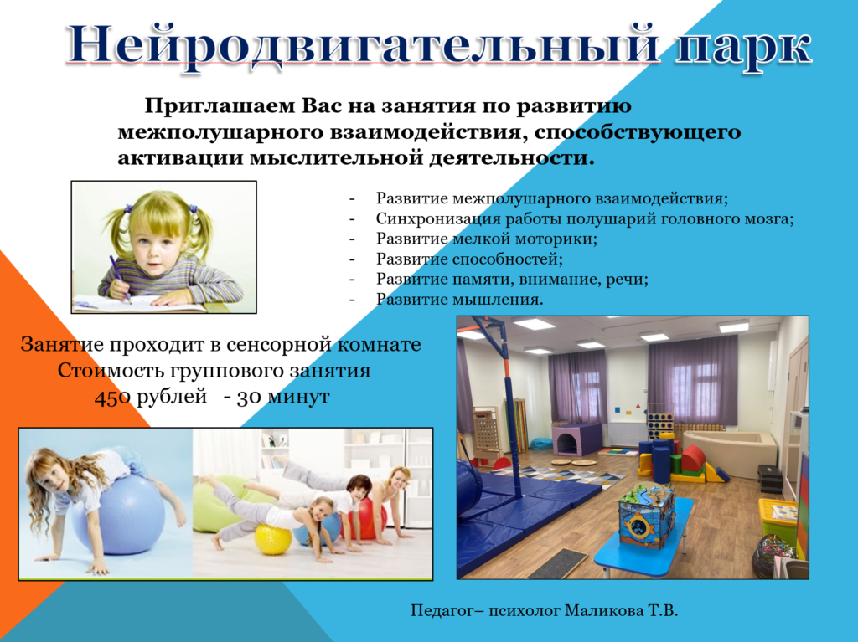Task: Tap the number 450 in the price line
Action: pyautogui.click(x=112, y=397)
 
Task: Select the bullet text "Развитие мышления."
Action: pyautogui.click(x=459, y=299)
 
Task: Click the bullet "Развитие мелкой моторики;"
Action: pyautogui.click(x=487, y=239)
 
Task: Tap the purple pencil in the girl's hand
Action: pyautogui.click(x=120, y=279)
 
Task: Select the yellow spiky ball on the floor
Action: pyautogui.click(x=274, y=539)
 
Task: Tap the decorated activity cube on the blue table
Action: pyautogui.click(x=646, y=515)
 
